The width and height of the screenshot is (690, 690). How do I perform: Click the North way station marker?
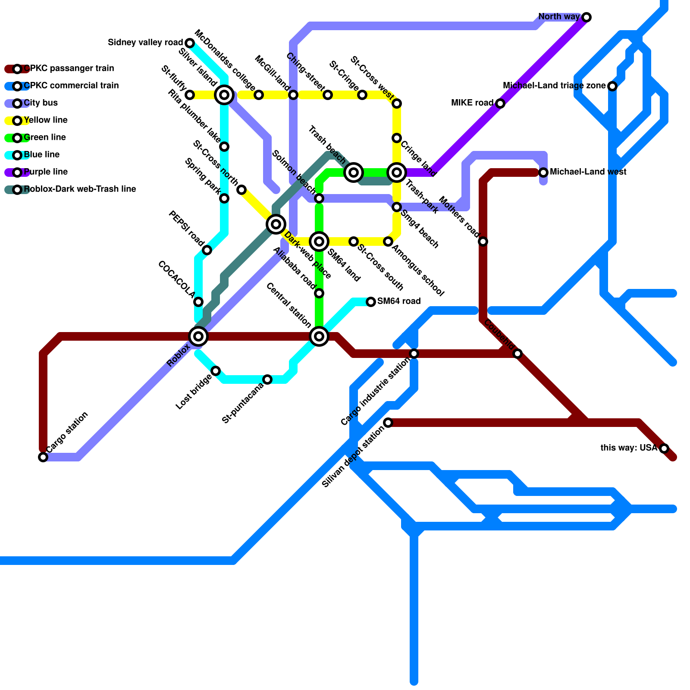click(x=586, y=17)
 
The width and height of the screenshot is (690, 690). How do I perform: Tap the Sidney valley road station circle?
click(x=190, y=43)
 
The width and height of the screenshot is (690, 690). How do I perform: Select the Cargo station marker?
click(x=43, y=457)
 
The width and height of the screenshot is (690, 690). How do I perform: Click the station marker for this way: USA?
click(x=664, y=448)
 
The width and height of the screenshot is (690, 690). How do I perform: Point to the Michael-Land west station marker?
click(x=543, y=172)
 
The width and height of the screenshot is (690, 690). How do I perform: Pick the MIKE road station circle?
click(x=500, y=103)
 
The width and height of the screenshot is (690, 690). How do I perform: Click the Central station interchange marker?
click(x=319, y=336)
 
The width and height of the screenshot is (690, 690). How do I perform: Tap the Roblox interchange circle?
click(x=198, y=336)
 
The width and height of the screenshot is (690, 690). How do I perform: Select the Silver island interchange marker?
click(x=224, y=95)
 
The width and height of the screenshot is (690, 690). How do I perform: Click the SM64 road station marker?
click(x=371, y=302)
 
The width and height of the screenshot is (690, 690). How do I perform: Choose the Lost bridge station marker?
click(x=216, y=371)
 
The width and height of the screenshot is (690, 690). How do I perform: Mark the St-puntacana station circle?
click(x=267, y=379)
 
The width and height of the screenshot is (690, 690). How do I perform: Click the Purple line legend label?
click(x=46, y=172)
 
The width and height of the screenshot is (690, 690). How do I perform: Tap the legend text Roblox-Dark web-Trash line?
click(x=80, y=189)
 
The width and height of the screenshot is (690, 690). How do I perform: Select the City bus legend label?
click(x=41, y=103)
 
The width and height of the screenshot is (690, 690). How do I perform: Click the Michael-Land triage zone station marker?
click(x=612, y=86)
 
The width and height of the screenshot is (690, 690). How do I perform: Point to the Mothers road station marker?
click(x=483, y=241)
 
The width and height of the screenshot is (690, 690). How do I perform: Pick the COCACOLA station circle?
click(x=198, y=302)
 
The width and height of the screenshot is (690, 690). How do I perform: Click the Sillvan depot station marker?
click(x=388, y=423)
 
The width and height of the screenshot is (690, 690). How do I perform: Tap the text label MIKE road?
click(x=472, y=103)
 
